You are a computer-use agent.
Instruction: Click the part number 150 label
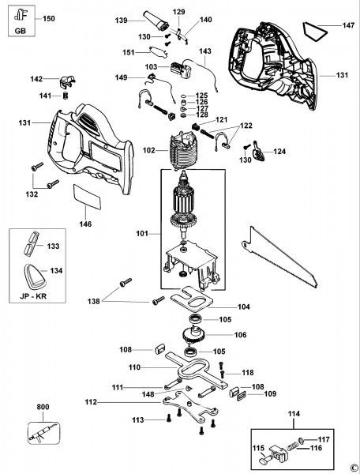(49, 18)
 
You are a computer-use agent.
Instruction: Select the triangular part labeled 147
(315, 31)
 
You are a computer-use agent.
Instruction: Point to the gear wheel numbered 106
(194, 335)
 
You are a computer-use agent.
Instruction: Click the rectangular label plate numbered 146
(87, 197)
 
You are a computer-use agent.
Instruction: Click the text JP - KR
(33, 296)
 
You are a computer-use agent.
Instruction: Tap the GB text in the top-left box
(21, 31)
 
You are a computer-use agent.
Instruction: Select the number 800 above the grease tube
(43, 407)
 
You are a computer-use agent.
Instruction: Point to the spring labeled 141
(66, 95)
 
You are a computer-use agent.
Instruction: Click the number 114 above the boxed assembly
(294, 413)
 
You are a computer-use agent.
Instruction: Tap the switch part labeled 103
(182, 70)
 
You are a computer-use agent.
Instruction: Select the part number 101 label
(142, 233)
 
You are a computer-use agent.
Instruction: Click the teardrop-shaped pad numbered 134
(35, 276)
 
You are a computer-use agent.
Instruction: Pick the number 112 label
(91, 402)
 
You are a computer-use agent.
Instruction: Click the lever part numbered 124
(258, 151)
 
